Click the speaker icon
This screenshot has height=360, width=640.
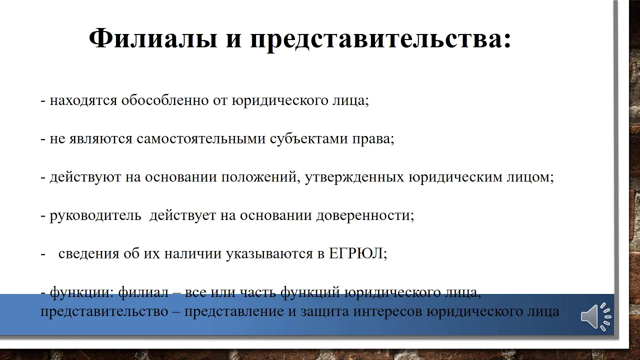coord(595,316)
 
